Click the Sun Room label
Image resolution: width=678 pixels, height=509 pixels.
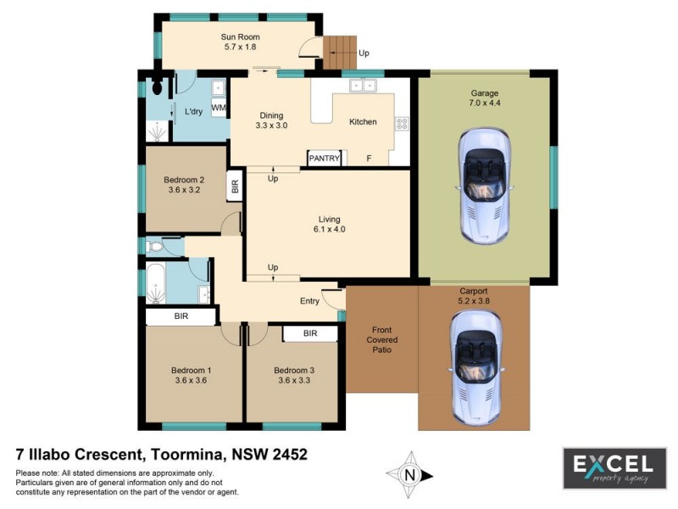[240, 37]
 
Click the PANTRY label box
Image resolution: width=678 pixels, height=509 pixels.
[325, 158]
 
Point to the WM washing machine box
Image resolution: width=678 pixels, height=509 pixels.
[219, 109]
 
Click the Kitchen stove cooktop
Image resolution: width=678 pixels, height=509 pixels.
[402, 123]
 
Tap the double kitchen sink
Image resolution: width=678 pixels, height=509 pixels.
[363, 85]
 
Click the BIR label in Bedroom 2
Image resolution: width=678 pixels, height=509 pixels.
[235, 186]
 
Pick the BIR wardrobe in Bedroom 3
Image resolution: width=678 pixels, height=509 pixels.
[310, 333]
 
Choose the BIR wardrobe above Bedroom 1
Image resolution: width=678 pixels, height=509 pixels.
[181, 316]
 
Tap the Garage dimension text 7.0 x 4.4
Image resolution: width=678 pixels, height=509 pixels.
[485, 103]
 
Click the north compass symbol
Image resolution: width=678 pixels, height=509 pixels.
[411, 475]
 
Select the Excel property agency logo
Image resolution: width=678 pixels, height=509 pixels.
[614, 468]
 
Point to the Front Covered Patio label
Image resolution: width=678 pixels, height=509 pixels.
[382, 340]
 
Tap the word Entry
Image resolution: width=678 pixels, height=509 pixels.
[310, 301]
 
